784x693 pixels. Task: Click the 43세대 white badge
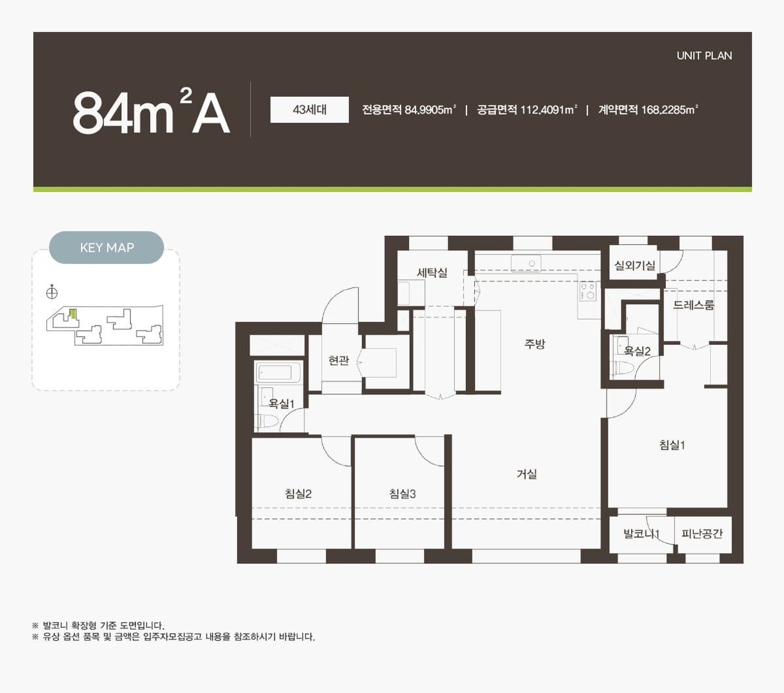309,110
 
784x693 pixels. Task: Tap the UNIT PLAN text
704,56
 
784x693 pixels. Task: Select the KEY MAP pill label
107,247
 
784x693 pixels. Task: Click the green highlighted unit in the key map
73,314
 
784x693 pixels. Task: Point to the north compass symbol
52,292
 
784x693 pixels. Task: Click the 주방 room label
535,344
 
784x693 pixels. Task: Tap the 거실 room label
527,474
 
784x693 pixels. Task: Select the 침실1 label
672,445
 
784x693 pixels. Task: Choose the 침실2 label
298,494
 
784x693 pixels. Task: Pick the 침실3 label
402,494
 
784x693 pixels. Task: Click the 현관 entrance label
338,360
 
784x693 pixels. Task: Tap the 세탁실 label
432,273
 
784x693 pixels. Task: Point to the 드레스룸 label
694,305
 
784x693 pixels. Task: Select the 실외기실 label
635,265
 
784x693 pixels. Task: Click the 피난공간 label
702,533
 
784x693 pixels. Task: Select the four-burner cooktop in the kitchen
588,291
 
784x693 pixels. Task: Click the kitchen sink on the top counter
526,263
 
